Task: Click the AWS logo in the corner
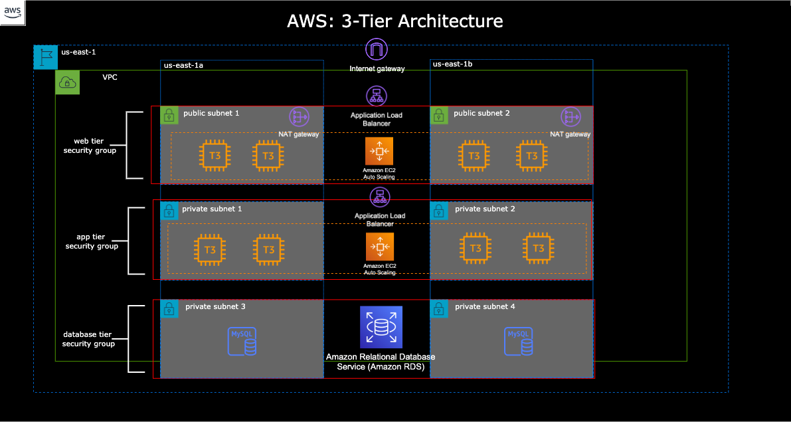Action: pyautogui.click(x=13, y=13)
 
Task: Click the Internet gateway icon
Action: pyautogui.click(x=377, y=51)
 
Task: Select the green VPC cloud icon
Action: pyautogui.click(x=67, y=82)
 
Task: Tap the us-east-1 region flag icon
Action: pyautogui.click(x=45, y=58)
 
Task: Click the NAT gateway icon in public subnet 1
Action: pyautogui.click(x=299, y=117)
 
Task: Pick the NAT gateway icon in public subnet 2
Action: pyautogui.click(x=570, y=117)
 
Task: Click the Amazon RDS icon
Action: pyautogui.click(x=381, y=327)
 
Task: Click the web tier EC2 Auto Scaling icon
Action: pyautogui.click(x=379, y=152)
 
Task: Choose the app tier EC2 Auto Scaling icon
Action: pyautogui.click(x=379, y=247)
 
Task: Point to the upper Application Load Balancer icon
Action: pyautogui.click(x=377, y=96)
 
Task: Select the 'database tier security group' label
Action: pyautogui.click(x=88, y=339)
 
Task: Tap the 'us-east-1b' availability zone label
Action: pyautogui.click(x=452, y=64)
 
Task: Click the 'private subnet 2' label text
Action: pyautogui.click(x=485, y=209)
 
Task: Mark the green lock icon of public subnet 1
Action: pyautogui.click(x=169, y=115)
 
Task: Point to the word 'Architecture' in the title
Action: pyautogui.click(x=450, y=21)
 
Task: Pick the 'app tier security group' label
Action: pyautogui.click(x=92, y=241)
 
